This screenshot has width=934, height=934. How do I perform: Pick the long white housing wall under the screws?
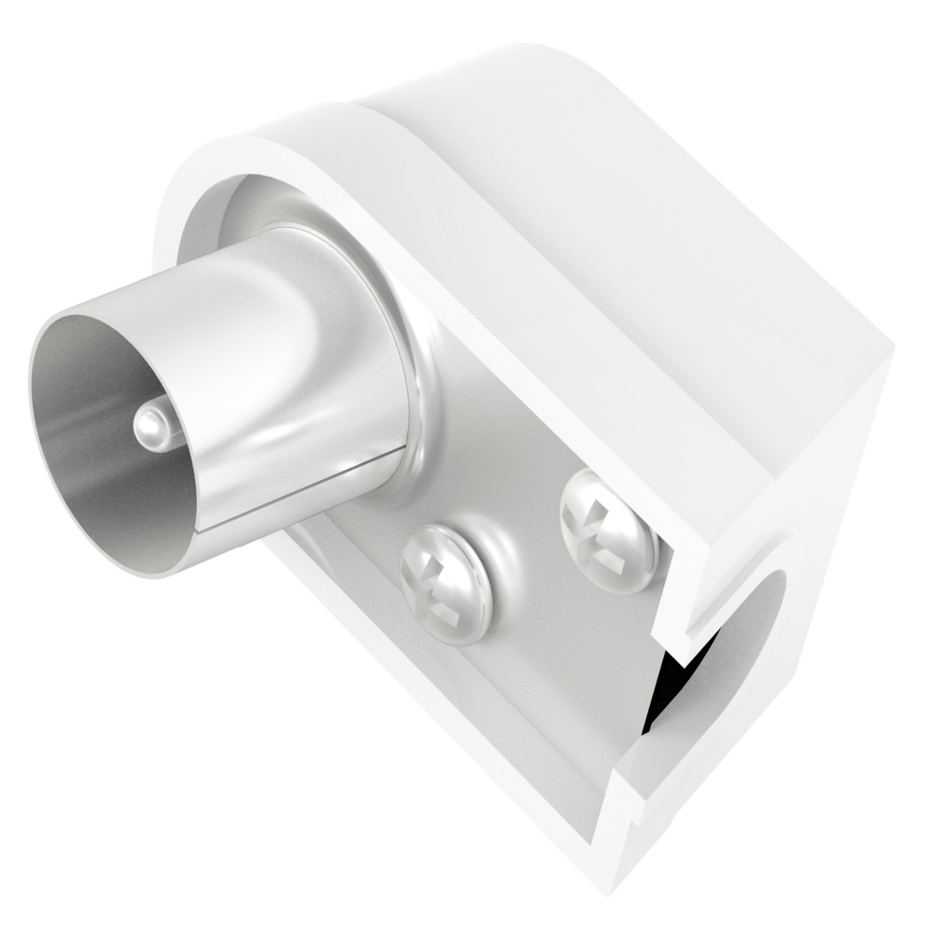420,700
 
